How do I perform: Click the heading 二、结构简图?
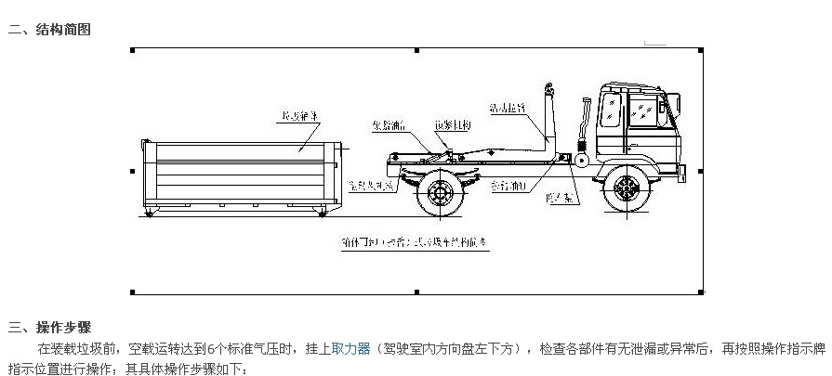(50, 30)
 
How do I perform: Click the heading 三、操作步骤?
(50, 328)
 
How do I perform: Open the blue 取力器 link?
(350, 349)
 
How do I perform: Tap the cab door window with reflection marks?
(640, 112)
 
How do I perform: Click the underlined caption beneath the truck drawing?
(414, 242)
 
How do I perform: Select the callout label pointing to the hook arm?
(512, 110)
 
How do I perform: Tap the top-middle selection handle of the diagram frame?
(416, 49)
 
